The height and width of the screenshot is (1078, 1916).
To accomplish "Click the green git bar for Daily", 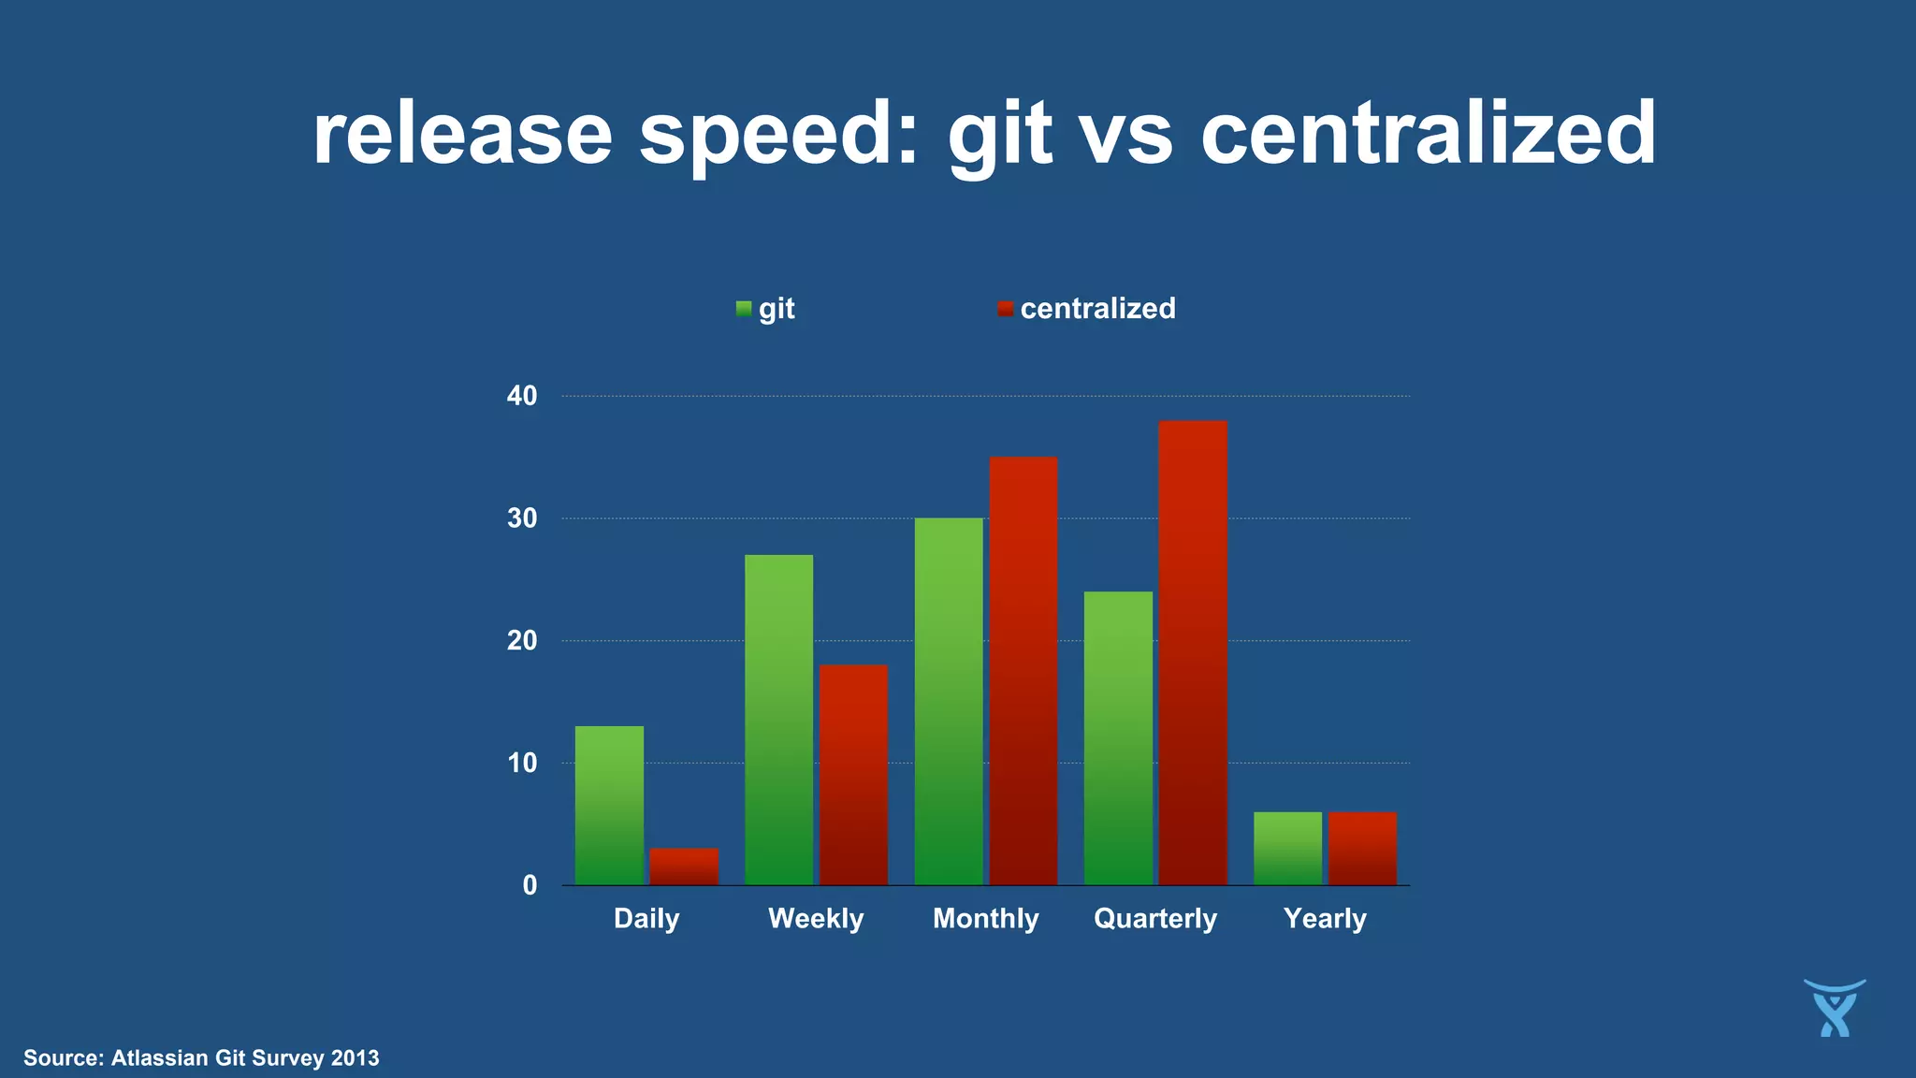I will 609,806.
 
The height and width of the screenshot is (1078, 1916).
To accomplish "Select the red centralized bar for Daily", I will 684,867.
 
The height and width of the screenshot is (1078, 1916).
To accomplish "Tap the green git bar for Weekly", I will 778,720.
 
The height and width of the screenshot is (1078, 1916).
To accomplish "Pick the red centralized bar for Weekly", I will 853,775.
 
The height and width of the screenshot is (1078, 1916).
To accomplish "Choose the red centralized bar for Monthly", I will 1023,671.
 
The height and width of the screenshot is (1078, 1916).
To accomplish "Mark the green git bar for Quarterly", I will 1118,738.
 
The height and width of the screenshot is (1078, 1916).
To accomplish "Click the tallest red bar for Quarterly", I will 1193,652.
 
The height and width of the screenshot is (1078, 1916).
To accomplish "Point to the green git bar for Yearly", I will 1287,849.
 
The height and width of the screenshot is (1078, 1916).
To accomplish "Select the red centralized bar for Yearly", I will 1362,849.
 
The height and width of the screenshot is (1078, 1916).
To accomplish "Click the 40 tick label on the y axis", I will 522,396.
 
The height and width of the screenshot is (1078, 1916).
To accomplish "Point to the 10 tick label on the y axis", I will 522,763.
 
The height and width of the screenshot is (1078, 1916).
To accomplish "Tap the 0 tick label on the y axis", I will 530,885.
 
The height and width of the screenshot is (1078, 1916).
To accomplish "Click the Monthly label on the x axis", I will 985,918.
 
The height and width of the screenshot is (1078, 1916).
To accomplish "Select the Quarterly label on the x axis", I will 1155,918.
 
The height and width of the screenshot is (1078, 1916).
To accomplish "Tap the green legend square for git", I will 744,309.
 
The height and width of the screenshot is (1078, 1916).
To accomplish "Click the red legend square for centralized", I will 1006,309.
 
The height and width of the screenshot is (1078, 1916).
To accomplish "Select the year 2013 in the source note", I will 355,1058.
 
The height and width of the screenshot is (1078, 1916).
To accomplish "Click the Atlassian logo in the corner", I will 1835,1008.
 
